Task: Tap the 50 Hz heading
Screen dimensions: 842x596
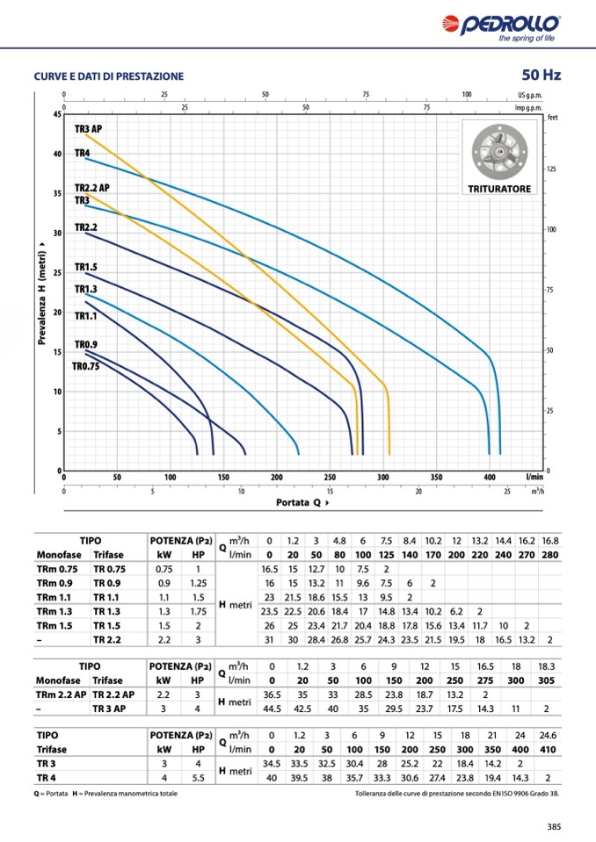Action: pos(541,76)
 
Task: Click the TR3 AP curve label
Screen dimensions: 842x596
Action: pos(89,129)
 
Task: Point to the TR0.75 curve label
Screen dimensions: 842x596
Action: pos(86,367)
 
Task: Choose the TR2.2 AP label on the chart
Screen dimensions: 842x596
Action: pos(92,188)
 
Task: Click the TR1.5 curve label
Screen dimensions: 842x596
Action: pos(86,267)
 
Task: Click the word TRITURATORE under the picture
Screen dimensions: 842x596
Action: pos(499,189)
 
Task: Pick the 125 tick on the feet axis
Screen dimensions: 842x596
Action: pos(551,169)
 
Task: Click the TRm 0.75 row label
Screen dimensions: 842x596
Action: pos(58,569)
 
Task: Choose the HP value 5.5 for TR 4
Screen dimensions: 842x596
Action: pos(198,777)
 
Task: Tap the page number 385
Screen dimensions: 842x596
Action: pos(554,826)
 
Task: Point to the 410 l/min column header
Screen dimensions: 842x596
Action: pos(548,749)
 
